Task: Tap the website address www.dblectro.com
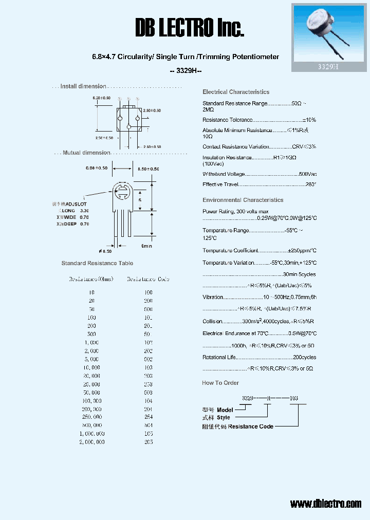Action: click(325, 504)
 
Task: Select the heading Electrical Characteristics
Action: click(236, 92)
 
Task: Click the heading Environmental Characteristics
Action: click(243, 200)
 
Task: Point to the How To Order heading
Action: click(220, 383)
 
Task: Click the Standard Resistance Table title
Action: click(97, 263)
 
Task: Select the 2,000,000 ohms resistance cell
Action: click(91, 442)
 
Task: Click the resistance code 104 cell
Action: click(148, 401)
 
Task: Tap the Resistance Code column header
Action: click(148, 280)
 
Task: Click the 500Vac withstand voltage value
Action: click(307, 174)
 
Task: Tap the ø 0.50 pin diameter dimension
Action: click(105, 251)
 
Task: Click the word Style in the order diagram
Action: click(224, 418)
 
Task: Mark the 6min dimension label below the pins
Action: click(146, 246)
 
